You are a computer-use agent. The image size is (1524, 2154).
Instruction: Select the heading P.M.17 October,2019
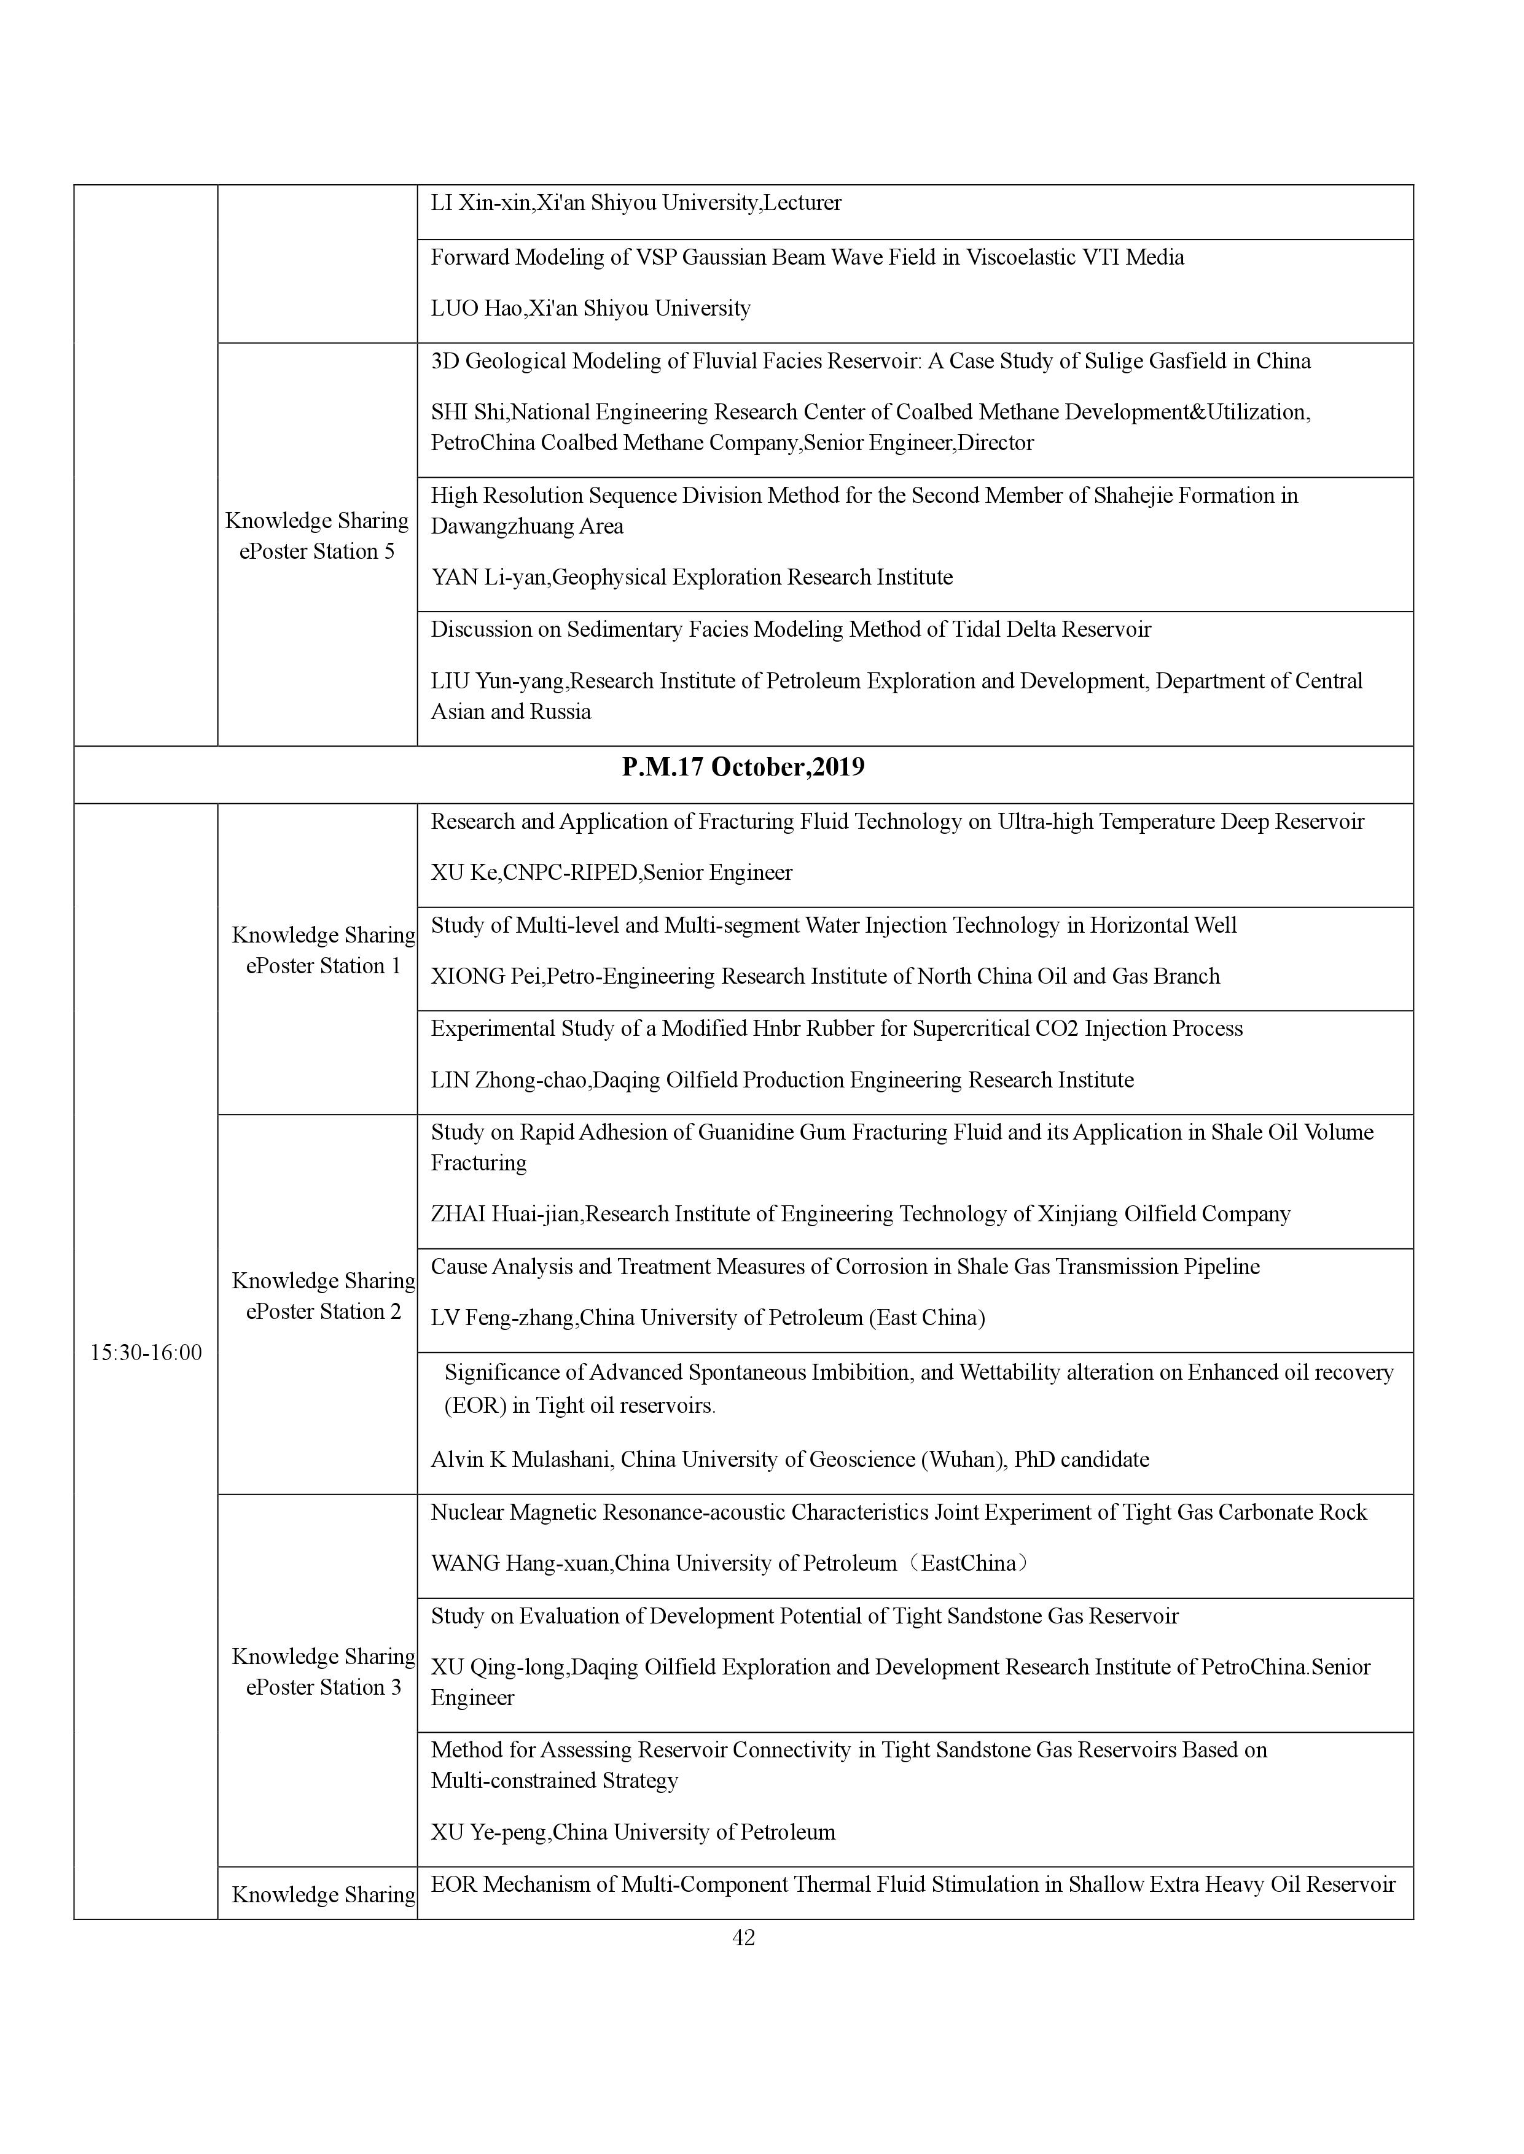[x=743, y=768]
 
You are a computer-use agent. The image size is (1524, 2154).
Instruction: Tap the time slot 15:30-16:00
[x=146, y=1352]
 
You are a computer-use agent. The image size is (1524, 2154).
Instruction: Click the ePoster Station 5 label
[x=317, y=551]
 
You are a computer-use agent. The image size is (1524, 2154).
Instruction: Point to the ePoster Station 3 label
[x=323, y=1687]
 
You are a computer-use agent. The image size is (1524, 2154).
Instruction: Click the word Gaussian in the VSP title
[x=724, y=257]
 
